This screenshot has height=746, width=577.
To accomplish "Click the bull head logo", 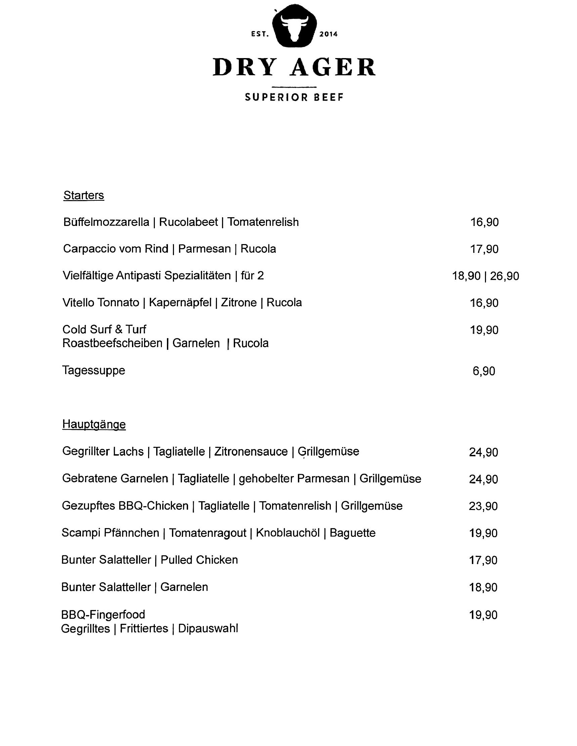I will (x=294, y=26).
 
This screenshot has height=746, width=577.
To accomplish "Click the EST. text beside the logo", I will (x=260, y=34).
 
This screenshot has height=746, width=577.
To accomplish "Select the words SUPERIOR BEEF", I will (x=294, y=98).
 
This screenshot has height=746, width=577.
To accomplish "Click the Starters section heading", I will (x=84, y=195).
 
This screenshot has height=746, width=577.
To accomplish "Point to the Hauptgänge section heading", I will (x=94, y=425).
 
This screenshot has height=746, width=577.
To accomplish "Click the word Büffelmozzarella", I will (x=106, y=222).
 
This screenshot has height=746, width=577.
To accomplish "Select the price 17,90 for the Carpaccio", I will (x=484, y=249).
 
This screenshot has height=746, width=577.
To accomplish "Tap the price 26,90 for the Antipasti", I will (x=504, y=276).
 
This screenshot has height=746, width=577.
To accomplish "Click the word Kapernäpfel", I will (x=180, y=302).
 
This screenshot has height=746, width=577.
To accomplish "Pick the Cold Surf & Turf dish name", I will (x=104, y=330).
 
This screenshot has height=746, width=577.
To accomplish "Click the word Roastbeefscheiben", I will (x=113, y=343).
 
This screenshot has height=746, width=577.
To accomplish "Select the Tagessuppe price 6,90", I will (x=484, y=371).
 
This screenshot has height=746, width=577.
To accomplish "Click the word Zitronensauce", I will (x=251, y=452).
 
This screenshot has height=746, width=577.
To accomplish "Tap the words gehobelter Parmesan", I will (x=294, y=479).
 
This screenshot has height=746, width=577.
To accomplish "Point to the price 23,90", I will (x=483, y=506).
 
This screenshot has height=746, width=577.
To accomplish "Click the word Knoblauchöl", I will (x=287, y=533).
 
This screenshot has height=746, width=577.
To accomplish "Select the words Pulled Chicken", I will (x=199, y=560).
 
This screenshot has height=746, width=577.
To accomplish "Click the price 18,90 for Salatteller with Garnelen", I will (x=483, y=588).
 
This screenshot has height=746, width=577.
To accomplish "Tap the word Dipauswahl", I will (x=208, y=628).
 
